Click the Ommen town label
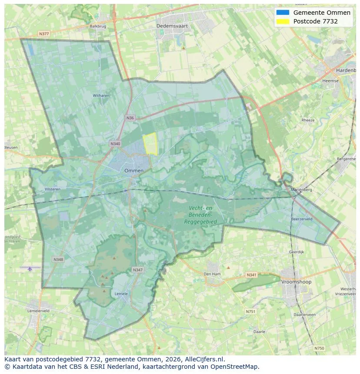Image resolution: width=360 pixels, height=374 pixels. click(134, 171)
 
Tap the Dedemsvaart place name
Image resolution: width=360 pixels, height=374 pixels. click(172, 26)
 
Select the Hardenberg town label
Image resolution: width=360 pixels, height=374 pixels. click(346, 70)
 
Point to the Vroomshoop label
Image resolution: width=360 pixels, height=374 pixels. click(296, 282)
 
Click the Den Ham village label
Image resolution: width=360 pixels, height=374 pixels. click(213, 274)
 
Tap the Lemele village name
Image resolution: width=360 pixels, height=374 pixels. click(121, 294)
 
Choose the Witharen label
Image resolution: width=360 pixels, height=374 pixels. click(101, 96)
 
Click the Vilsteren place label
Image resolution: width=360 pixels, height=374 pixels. click(53, 189)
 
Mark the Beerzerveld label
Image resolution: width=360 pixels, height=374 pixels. click(302, 219)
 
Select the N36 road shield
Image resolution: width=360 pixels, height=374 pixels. click(130, 118)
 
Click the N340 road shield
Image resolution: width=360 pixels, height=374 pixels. click(115, 144)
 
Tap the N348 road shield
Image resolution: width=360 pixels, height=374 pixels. click(58, 259)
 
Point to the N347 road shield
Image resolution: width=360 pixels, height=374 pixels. click(137, 270)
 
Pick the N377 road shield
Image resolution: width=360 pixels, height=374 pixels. click(44, 33)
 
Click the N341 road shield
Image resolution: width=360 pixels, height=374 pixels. click(251, 275)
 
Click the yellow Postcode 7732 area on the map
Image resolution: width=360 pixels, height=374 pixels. click(150, 144)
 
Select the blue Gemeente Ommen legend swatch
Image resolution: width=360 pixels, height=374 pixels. click(282, 13)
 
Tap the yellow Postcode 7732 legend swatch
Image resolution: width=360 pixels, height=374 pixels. click(282, 21)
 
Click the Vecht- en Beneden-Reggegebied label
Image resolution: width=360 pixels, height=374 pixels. click(200, 215)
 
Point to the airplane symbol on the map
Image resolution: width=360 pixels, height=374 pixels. click(30, 268)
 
